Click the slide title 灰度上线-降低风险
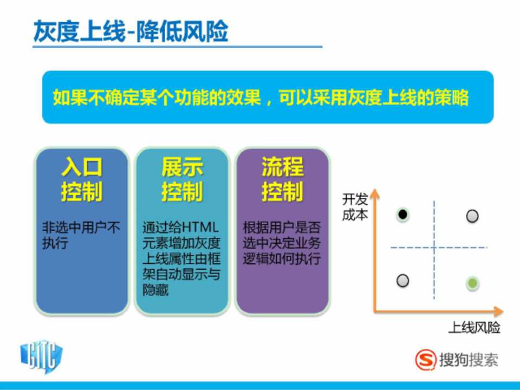(x=131, y=31)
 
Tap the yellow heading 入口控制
(x=82, y=179)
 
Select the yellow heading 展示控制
(x=182, y=179)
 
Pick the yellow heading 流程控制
(x=283, y=179)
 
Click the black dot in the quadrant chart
(x=402, y=214)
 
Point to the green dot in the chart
(x=472, y=283)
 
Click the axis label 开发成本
(x=355, y=207)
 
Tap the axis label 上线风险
(x=474, y=328)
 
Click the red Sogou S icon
(x=426, y=360)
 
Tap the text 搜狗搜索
(x=469, y=360)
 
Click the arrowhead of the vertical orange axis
(x=375, y=194)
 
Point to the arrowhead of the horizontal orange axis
(x=498, y=311)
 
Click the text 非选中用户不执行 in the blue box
(x=81, y=236)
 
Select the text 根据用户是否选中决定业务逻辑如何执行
(x=282, y=243)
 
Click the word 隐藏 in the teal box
(x=155, y=290)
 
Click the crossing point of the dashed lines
(x=434, y=248)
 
